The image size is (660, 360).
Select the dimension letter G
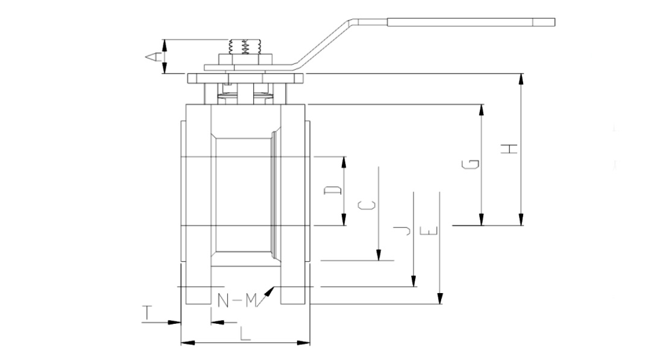473,164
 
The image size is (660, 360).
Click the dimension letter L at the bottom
244,333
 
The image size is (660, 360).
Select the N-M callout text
237,299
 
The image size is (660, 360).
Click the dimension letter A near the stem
152,57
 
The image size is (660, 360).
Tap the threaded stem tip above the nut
245,46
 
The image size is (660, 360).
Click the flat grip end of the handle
470,23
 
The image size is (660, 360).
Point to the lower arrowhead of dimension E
441,299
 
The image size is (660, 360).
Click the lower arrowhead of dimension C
379,256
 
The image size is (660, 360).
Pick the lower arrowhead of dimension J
413,282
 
